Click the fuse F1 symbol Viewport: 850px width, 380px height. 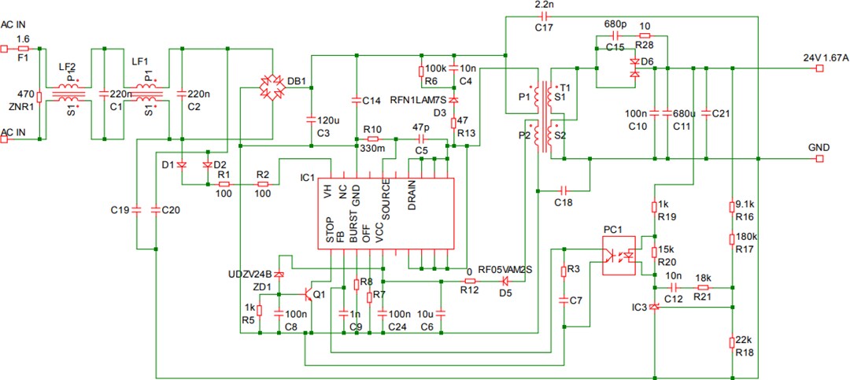(23, 48)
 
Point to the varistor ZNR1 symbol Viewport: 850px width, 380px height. (39, 98)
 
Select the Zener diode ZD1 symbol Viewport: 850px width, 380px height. (278, 274)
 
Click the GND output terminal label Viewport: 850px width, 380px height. (819, 148)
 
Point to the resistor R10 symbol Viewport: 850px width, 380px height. (373, 138)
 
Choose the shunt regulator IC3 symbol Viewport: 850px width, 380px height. (655, 308)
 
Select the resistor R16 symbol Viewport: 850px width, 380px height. (733, 207)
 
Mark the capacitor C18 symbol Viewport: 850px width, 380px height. (564, 190)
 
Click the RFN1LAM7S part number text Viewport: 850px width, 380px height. (419, 101)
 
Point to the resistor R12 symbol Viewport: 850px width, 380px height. (470, 281)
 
